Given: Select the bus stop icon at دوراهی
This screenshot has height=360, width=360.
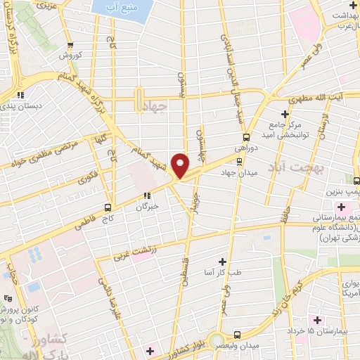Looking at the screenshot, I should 246,137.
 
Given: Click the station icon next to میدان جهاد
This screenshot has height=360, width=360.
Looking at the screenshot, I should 239,161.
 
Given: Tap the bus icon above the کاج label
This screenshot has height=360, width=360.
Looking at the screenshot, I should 107,207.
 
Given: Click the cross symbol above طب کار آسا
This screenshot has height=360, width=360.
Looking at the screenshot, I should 223,260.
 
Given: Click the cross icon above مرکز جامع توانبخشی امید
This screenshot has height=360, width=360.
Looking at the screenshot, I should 285,113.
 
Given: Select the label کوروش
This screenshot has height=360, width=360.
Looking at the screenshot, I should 70,55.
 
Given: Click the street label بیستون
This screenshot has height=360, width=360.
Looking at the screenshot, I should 181,84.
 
